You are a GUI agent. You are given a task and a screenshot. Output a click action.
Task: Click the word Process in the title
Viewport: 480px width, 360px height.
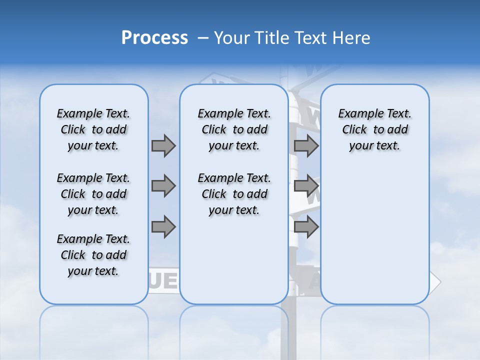tap(154, 38)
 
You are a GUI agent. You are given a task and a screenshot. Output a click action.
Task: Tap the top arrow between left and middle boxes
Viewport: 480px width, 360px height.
tap(163, 145)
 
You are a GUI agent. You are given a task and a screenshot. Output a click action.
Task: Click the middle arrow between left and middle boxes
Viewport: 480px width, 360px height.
tap(163, 186)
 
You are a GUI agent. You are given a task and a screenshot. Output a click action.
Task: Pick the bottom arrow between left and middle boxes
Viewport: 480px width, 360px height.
tap(163, 226)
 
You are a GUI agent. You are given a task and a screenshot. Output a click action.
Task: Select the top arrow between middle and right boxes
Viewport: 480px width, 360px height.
tap(306, 145)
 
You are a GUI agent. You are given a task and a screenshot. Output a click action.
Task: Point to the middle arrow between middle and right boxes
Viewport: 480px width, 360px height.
tap(306, 186)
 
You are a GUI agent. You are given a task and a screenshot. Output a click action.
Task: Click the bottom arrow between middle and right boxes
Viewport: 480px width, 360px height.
tap(306, 226)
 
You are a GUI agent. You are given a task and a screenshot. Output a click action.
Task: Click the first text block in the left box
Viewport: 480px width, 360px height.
tap(93, 129)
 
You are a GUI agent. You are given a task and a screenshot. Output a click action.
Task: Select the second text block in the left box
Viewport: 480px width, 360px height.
tap(93, 194)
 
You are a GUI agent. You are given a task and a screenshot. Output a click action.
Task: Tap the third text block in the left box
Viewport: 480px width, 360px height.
tap(93, 255)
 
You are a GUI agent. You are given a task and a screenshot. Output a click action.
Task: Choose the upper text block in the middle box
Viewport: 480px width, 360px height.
tap(234, 129)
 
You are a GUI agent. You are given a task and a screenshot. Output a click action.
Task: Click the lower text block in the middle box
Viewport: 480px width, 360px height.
tap(234, 194)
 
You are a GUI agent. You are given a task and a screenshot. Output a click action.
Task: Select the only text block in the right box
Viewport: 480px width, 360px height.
tap(374, 129)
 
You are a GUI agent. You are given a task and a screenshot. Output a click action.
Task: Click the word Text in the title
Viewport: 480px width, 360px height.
tap(312, 38)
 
